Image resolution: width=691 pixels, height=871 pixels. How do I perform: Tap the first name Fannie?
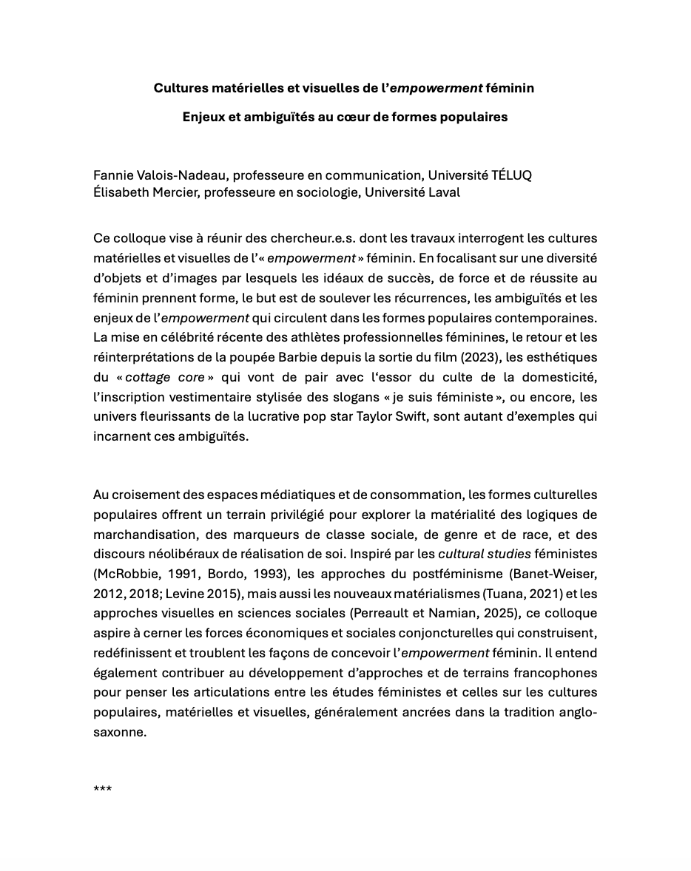pyautogui.click(x=112, y=175)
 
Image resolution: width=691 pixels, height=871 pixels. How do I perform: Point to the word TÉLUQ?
pyautogui.click(x=511, y=175)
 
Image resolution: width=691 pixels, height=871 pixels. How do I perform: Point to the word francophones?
pyautogui.click(x=558, y=673)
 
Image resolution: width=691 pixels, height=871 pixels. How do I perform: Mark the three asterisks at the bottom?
pyautogui.click(x=102, y=790)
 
